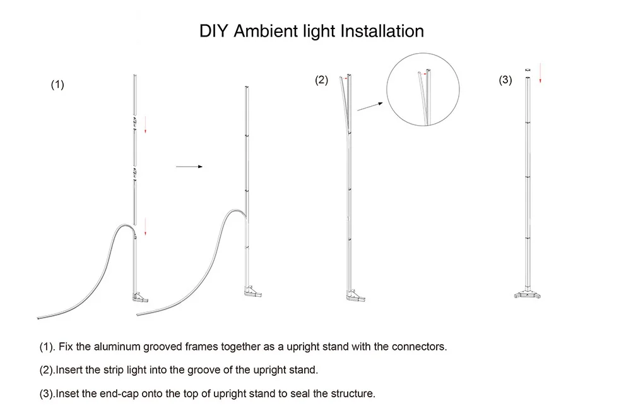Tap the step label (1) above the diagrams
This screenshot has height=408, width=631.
[57, 85]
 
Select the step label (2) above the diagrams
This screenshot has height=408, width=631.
[322, 80]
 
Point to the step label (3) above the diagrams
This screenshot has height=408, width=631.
[505, 80]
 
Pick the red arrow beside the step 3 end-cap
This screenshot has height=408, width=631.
[540, 76]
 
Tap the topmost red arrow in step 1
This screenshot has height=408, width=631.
[145, 124]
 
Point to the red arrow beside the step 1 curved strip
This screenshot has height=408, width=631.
[145, 226]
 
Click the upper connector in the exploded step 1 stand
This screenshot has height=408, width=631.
[134, 119]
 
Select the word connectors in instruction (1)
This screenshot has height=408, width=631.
[419, 347]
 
